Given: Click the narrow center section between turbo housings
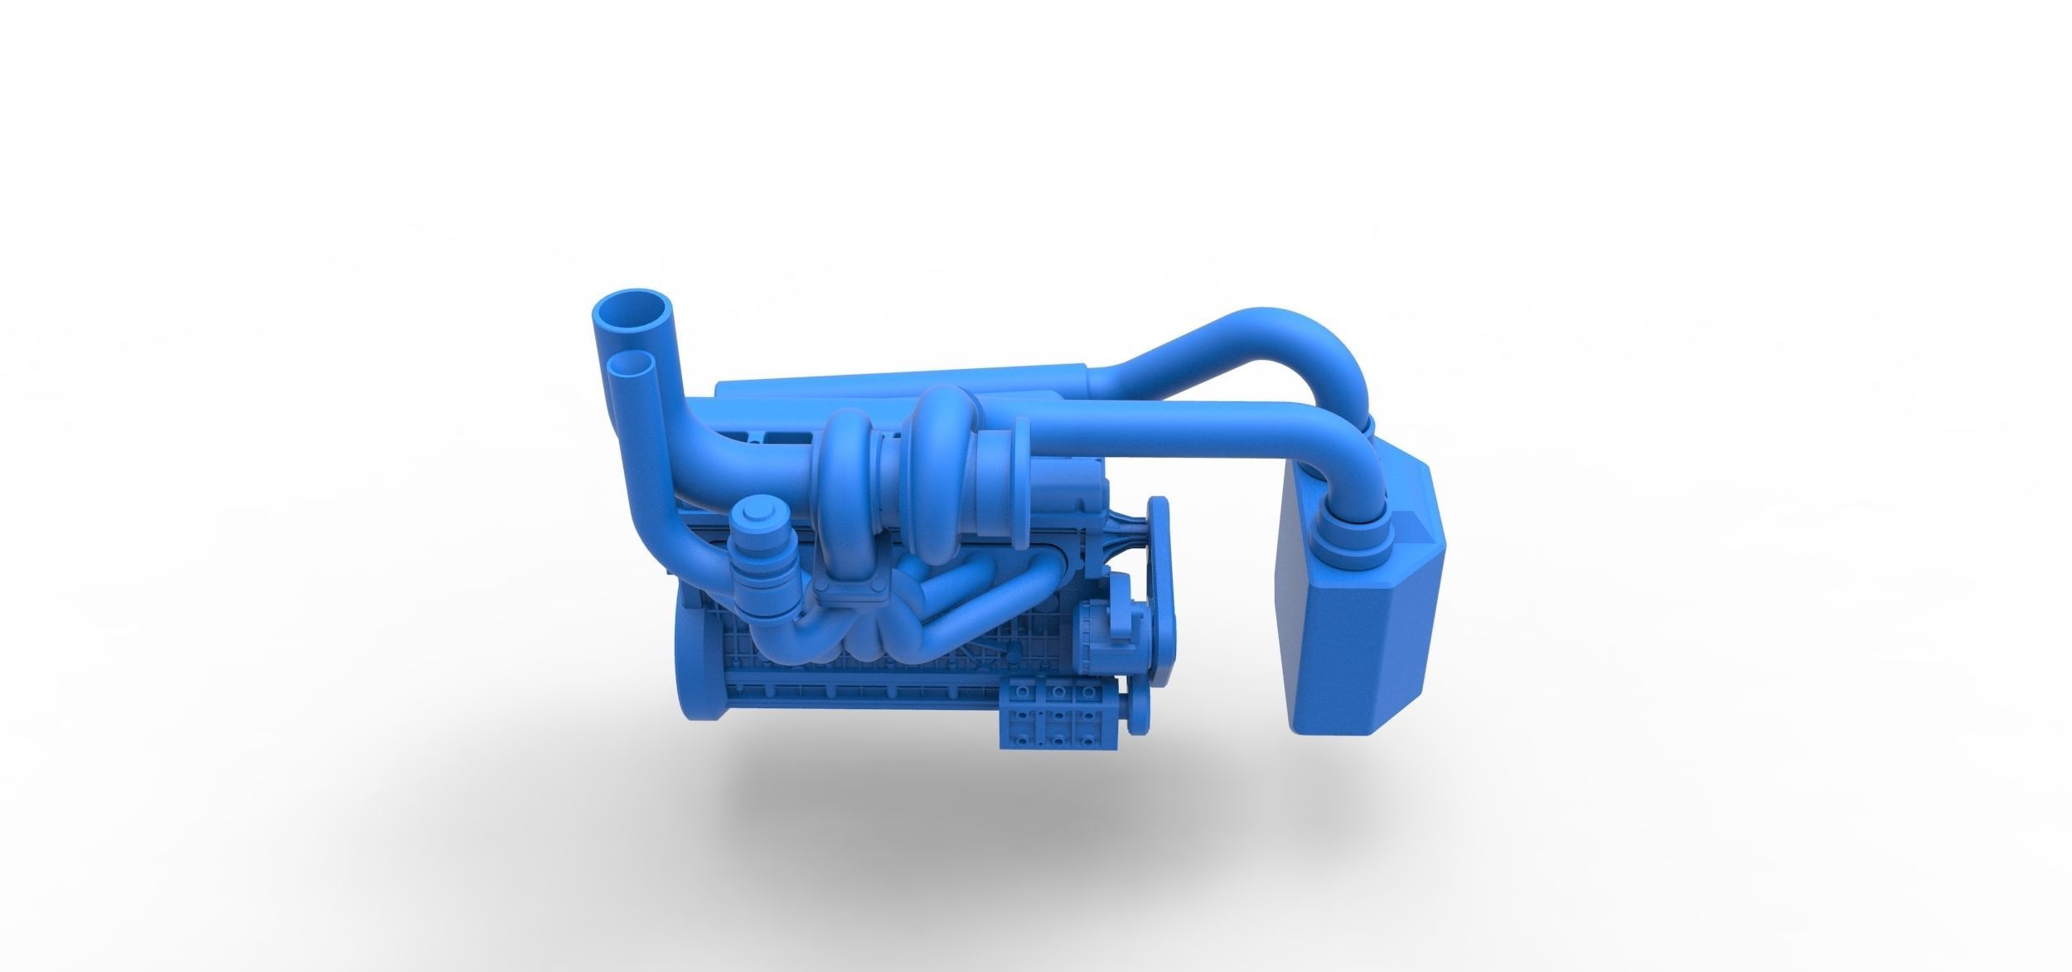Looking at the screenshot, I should tap(892, 474).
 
